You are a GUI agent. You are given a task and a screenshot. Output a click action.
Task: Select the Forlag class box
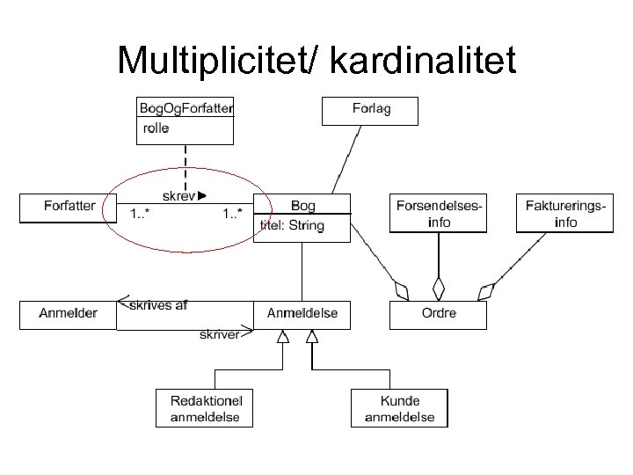(x=371, y=111)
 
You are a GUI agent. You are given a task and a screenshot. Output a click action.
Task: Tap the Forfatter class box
(x=69, y=208)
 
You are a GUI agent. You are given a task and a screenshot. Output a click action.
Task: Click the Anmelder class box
(x=68, y=314)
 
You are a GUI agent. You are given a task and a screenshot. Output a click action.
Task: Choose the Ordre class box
(x=437, y=315)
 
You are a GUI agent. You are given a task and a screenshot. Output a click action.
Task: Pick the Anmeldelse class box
(x=302, y=314)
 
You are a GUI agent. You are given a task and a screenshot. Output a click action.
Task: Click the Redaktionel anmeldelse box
(x=205, y=409)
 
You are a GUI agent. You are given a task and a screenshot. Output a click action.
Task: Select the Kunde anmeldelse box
(x=399, y=409)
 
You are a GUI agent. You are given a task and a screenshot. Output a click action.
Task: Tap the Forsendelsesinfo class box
(x=438, y=214)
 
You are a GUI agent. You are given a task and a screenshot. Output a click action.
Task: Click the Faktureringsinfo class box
(x=564, y=214)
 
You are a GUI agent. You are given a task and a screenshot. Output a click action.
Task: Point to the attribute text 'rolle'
(x=156, y=128)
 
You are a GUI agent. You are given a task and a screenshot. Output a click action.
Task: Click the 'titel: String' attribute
(x=292, y=226)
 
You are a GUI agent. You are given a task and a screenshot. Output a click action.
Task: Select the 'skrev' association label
(x=179, y=196)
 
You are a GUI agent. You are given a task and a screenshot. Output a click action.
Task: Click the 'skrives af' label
(x=158, y=306)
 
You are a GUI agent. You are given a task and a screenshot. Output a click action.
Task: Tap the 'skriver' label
(x=219, y=334)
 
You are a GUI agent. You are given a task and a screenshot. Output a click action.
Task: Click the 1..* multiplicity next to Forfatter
(x=139, y=215)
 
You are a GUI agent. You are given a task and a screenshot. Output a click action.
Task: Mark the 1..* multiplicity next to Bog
(x=232, y=215)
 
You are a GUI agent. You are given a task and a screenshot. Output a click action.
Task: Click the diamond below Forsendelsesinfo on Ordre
(x=438, y=288)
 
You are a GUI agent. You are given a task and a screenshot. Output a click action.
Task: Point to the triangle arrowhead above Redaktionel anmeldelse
(x=282, y=337)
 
